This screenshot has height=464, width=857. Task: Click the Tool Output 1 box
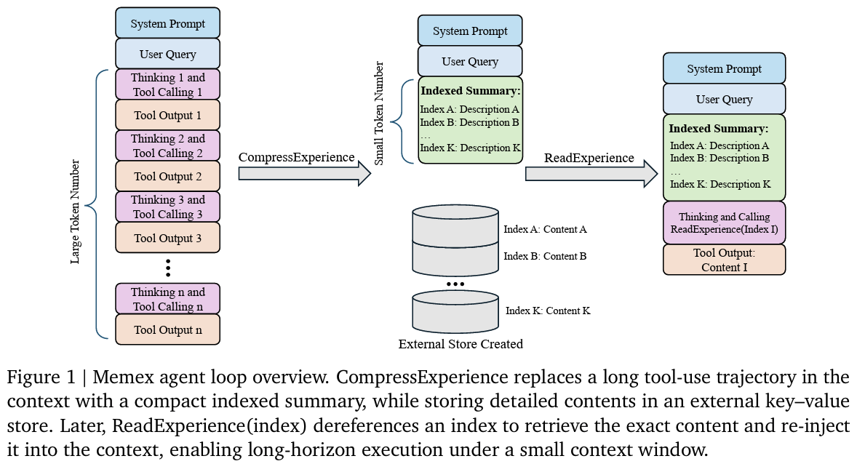pos(167,115)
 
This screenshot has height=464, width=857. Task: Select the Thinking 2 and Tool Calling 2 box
pos(167,145)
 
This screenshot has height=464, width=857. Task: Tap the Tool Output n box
pos(167,329)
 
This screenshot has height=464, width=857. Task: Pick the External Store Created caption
pos(461,344)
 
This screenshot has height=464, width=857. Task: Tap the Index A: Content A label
pos(545,229)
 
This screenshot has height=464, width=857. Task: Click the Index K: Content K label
pos(548,311)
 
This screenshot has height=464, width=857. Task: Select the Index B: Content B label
pos(545,256)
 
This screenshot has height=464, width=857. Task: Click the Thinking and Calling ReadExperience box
pos(724,223)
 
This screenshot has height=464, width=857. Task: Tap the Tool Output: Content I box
pos(724,260)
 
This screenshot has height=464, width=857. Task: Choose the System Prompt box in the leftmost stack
pos(167,24)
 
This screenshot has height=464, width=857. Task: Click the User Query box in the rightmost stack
pos(724,99)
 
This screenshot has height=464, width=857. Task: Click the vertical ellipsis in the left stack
pos(167,267)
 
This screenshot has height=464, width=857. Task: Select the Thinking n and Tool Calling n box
pos(167,299)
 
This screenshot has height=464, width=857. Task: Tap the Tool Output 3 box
pos(167,238)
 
